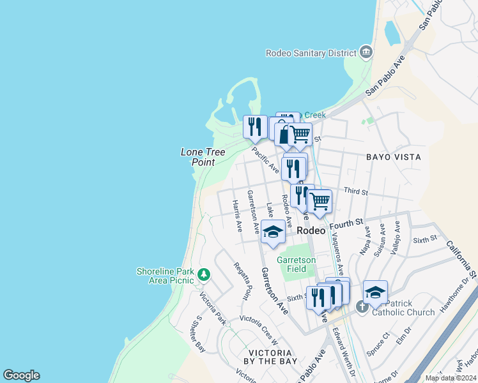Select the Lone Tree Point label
coord(198,157)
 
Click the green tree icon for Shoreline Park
coord(204,275)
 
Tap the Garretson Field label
coord(297,264)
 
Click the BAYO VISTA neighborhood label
coord(394,156)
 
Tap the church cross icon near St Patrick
coord(362,307)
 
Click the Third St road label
coord(356,191)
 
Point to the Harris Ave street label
coord(237,216)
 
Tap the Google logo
coord(22,375)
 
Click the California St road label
coord(462,259)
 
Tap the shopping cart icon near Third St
coord(320,201)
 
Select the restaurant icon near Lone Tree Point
coord(255,126)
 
